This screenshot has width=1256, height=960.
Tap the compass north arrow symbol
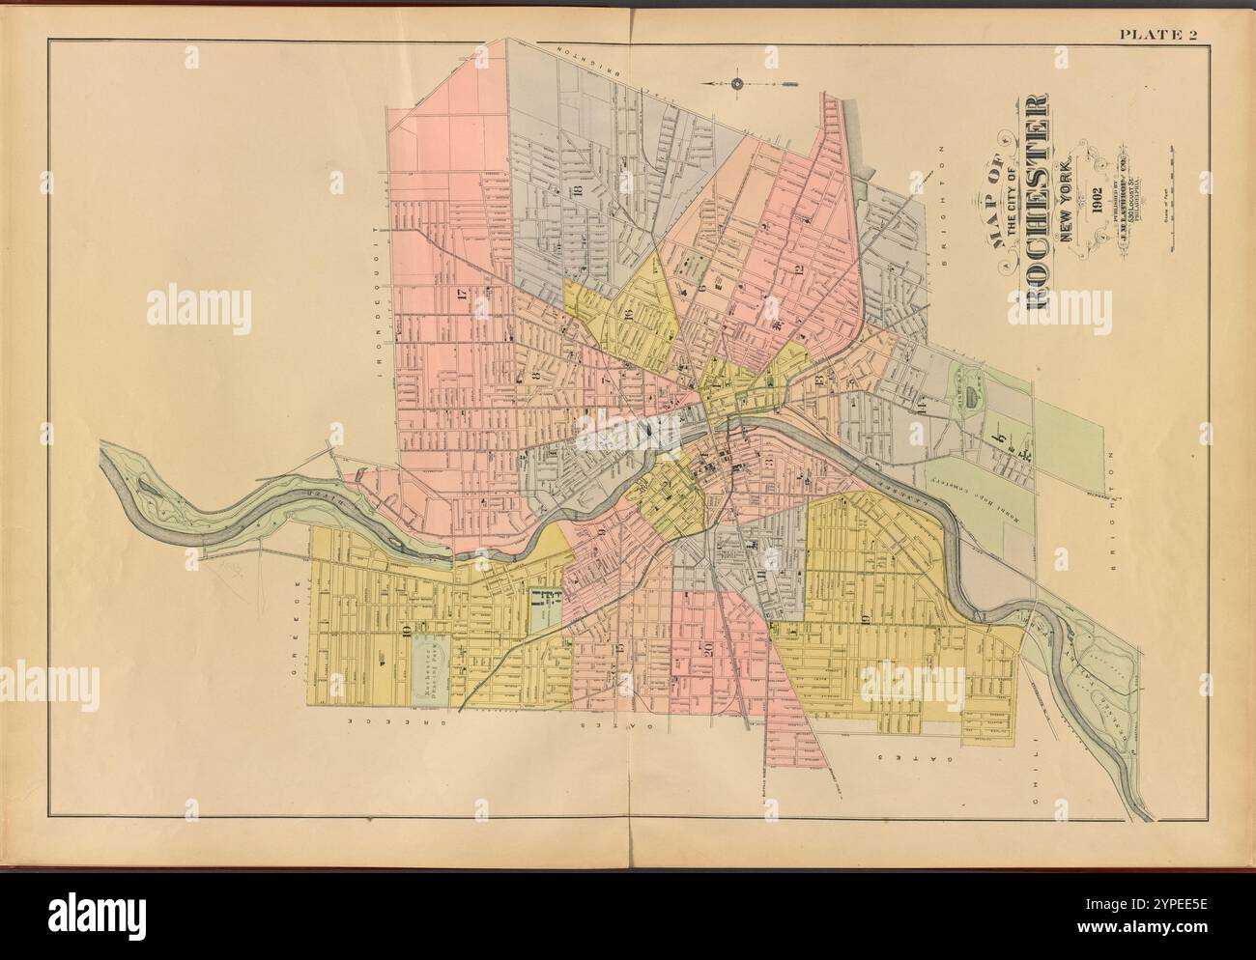[x=736, y=84]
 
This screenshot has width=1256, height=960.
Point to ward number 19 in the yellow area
[x=865, y=618]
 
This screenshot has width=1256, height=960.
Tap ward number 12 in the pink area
[x=799, y=269]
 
